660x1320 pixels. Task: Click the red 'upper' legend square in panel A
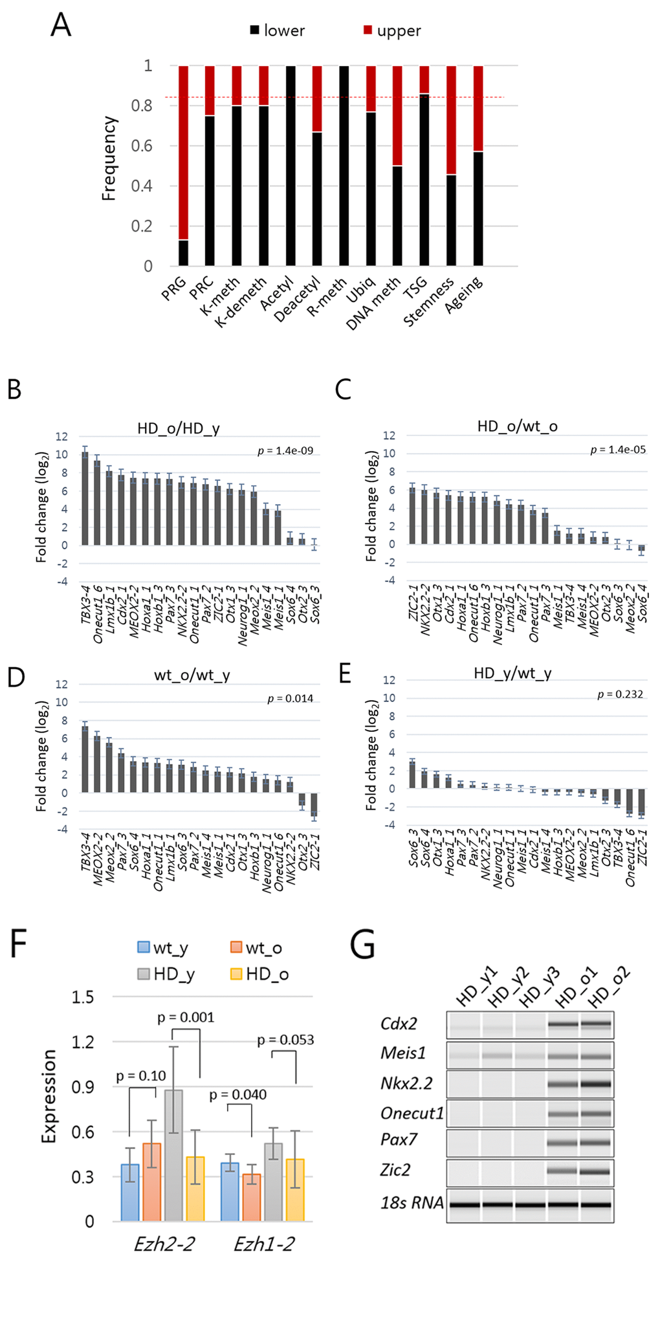(368, 30)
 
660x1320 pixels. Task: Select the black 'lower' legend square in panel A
(255, 30)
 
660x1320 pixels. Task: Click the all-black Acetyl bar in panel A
(291, 166)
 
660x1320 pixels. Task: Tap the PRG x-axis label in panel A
(173, 289)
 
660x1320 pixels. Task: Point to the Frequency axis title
(109, 159)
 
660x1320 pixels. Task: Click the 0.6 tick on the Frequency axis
(142, 146)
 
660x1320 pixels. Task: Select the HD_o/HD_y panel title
(178, 428)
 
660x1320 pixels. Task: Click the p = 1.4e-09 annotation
(285, 451)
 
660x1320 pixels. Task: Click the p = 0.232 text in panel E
(620, 694)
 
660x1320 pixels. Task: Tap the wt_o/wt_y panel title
(192, 676)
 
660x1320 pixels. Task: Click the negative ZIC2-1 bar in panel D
(314, 805)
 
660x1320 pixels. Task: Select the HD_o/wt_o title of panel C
(517, 426)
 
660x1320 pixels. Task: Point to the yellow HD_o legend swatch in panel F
(236, 974)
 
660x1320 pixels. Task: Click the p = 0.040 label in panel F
(237, 1095)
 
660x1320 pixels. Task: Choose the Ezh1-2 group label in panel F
(264, 1244)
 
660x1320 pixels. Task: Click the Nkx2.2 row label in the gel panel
(406, 1084)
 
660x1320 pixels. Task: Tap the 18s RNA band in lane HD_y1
(464, 1205)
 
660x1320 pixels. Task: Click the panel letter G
(362, 945)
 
